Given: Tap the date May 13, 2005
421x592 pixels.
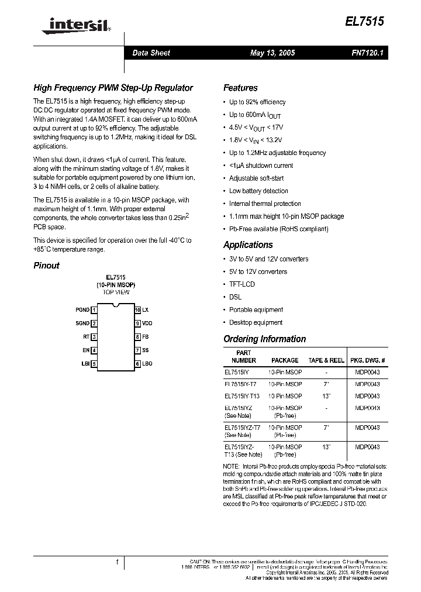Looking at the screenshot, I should point(272,53).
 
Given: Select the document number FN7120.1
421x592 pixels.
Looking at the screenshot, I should point(367,53).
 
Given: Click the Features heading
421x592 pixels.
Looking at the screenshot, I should point(240,88).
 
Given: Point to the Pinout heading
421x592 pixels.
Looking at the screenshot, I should point(46,266).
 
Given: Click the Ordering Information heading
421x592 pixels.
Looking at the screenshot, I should point(264,339).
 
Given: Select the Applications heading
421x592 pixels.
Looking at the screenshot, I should point(248,245).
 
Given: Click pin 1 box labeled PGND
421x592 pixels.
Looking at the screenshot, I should point(94,310).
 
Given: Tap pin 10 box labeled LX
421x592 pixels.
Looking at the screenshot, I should point(138,310).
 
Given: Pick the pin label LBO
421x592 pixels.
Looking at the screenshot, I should point(147,364).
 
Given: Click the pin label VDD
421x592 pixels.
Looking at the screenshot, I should point(147,323).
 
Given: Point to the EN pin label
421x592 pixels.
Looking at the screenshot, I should point(86,350).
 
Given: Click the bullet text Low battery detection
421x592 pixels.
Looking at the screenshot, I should point(258,191).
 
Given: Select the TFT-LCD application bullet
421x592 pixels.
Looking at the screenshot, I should point(241,284).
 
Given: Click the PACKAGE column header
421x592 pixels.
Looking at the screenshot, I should point(285,360).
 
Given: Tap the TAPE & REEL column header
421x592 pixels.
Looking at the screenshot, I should point(327,360).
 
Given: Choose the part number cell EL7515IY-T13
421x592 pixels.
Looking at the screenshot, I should point(240,396).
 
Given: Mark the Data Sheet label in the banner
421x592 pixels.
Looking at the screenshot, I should point(151,53).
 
